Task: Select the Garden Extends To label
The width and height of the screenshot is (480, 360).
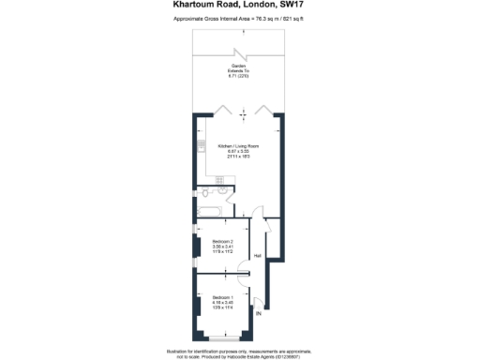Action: click(x=239, y=69)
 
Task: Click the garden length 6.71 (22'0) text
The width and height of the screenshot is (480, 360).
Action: click(x=239, y=77)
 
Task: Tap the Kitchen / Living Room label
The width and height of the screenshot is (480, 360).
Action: click(x=238, y=147)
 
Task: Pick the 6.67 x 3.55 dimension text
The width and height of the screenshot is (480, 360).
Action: click(x=238, y=153)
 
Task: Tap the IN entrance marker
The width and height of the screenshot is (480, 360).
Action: click(x=259, y=314)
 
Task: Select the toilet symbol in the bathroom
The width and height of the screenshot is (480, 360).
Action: click(x=205, y=194)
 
